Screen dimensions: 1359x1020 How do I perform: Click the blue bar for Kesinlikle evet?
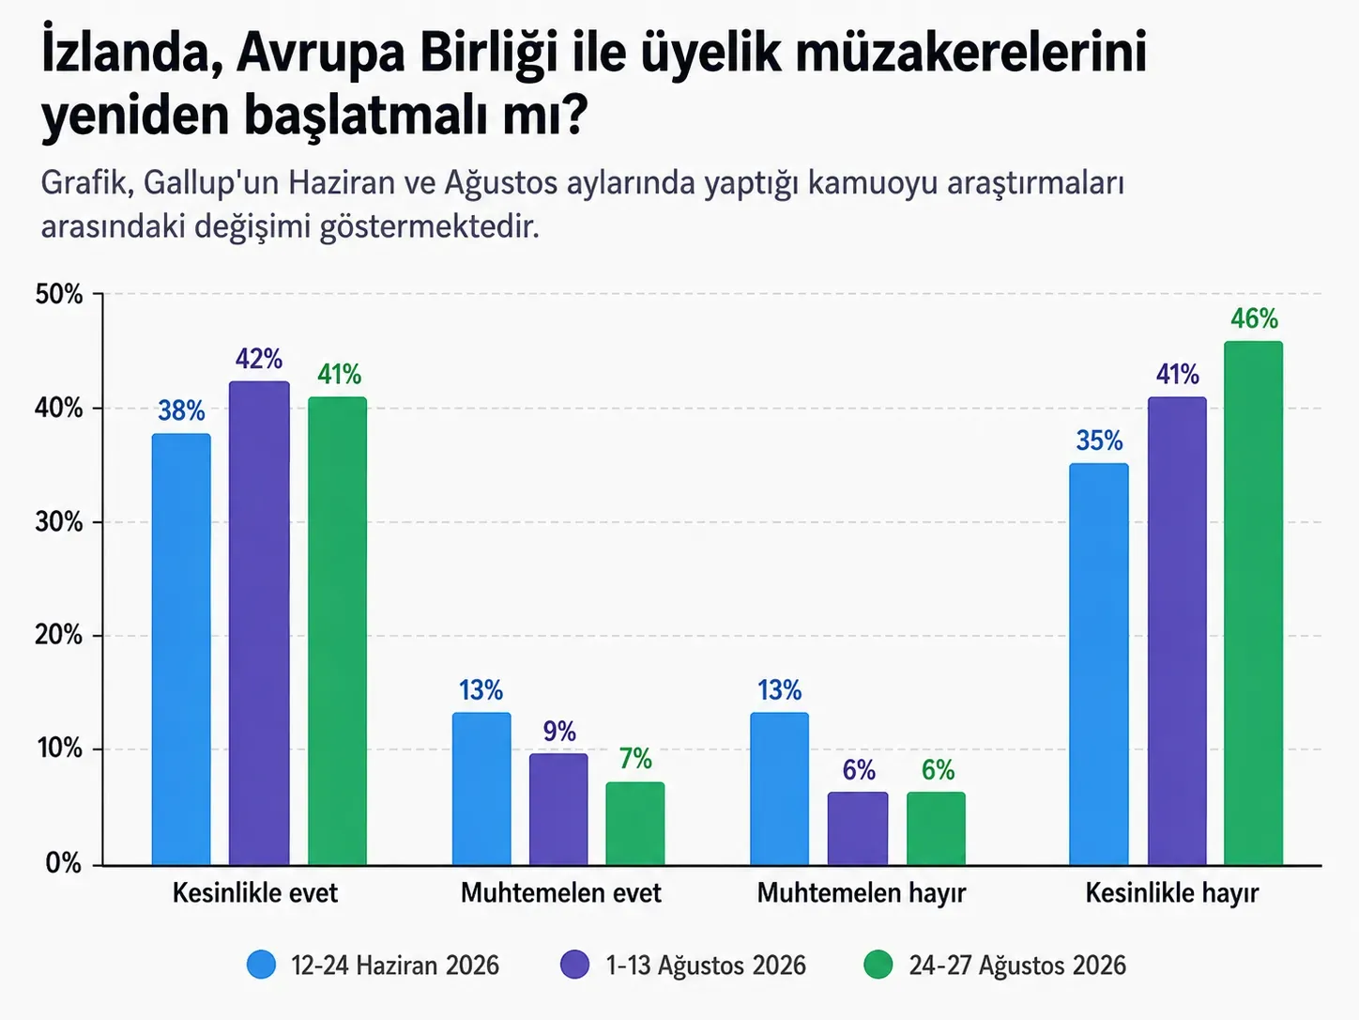pyautogui.click(x=181, y=649)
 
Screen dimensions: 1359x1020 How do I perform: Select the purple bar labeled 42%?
pyautogui.click(x=259, y=623)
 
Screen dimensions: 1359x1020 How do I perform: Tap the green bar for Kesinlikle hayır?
pyautogui.click(x=1254, y=603)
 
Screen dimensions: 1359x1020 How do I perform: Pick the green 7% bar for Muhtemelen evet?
pyautogui.click(x=635, y=823)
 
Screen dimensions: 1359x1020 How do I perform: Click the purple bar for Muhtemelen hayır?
pyautogui.click(x=858, y=828)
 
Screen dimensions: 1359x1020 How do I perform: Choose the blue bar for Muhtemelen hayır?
pyautogui.click(x=780, y=788)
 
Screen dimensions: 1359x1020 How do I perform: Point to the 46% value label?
pyautogui.click(x=1255, y=319)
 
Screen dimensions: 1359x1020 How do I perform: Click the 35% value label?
pyautogui.click(x=1099, y=440)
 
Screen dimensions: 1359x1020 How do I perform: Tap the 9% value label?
pyautogui.click(x=559, y=732)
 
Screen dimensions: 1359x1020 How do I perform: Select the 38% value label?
pyautogui.click(x=181, y=410)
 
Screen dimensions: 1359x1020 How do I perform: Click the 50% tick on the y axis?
pyautogui.click(x=59, y=294)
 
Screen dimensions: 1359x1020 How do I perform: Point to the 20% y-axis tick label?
pyautogui.click(x=59, y=636)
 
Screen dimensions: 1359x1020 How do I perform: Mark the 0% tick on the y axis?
pyautogui.click(x=64, y=863)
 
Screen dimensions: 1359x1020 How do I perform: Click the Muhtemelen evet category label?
pyautogui.click(x=561, y=893)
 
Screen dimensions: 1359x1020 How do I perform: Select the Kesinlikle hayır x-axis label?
pyautogui.click(x=1172, y=893)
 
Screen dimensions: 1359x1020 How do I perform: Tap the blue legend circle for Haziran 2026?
pyautogui.click(x=261, y=965)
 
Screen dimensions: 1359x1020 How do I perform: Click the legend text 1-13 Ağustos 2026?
pyautogui.click(x=706, y=966)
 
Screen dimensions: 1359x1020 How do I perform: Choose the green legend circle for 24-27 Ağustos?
pyautogui.click(x=878, y=965)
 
